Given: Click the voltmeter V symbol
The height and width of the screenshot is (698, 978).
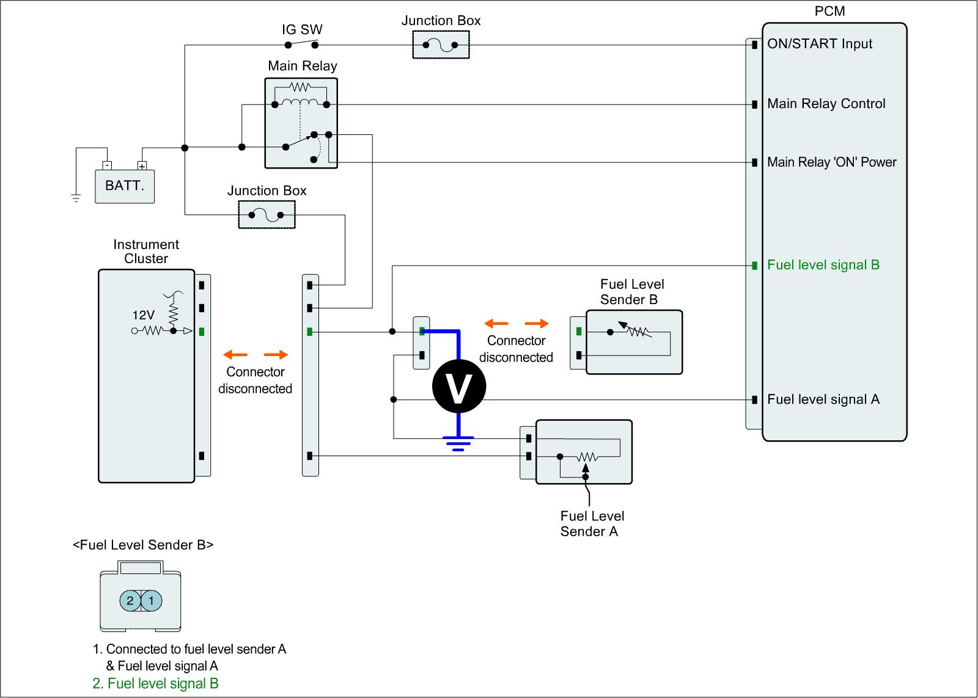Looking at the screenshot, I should [x=458, y=386].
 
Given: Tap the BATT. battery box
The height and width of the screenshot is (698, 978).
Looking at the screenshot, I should [x=125, y=186].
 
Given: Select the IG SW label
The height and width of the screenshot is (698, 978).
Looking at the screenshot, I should [x=302, y=29].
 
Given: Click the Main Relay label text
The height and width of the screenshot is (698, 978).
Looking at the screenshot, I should [x=303, y=66].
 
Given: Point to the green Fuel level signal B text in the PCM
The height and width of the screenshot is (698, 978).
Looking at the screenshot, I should [x=823, y=265].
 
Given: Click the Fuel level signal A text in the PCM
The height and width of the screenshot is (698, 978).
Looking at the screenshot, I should [x=823, y=399].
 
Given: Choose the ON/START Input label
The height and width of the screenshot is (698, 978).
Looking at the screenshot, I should [x=820, y=44].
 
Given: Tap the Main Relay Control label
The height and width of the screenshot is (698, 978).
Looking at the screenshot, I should [x=826, y=104].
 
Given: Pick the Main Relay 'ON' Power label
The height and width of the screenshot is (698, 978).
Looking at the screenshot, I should [x=831, y=162].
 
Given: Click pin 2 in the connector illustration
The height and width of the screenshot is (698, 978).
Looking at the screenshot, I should [x=130, y=601].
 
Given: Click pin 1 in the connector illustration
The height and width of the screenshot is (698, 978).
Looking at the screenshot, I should [x=152, y=601].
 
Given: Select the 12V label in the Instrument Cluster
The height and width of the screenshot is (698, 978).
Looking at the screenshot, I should [x=144, y=315].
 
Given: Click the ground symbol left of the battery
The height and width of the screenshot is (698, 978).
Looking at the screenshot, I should [x=76, y=197].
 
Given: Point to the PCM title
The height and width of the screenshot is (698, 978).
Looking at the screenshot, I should [x=829, y=12].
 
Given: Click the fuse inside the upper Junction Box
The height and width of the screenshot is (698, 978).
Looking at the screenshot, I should [x=441, y=44].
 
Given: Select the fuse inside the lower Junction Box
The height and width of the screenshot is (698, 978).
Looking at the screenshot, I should [x=266, y=215].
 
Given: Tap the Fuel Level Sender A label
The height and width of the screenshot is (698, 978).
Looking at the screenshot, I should [x=592, y=524].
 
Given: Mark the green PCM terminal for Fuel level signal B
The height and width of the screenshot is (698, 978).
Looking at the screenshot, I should [x=755, y=265].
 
